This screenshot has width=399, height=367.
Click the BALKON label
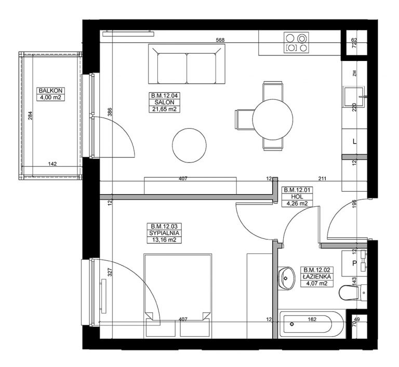pyautogui.click(x=50, y=91)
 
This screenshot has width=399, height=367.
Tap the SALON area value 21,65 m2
pyautogui.click(x=164, y=109)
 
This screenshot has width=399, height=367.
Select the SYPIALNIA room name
pyautogui.click(x=164, y=233)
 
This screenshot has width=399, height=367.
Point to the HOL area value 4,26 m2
pyautogui.click(x=297, y=204)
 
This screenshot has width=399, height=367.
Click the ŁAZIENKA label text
pyautogui.click(x=317, y=277)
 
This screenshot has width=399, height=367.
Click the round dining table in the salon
pyautogui.click(x=273, y=119)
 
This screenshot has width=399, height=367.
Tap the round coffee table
pyautogui.click(x=189, y=145)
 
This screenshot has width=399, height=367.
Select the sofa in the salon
pyautogui.click(x=187, y=64)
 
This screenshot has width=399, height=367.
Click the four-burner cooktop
pyautogui.click(x=296, y=43)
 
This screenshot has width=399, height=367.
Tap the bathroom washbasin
pyautogui.click(x=286, y=279)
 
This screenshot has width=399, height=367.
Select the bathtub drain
pyautogui.click(x=292, y=324)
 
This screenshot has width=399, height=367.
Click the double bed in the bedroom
pyautogui.click(x=178, y=296)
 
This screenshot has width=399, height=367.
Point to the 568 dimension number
pyautogui.click(x=220, y=40)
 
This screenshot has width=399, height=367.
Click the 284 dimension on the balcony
pyautogui.click(x=30, y=116)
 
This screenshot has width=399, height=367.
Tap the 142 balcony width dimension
pyautogui.click(x=52, y=164)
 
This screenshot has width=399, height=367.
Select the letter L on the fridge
pyautogui.click(x=354, y=142)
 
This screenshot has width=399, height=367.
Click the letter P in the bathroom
pyautogui.click(x=354, y=263)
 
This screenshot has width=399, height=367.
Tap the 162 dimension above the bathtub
pyautogui.click(x=312, y=319)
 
